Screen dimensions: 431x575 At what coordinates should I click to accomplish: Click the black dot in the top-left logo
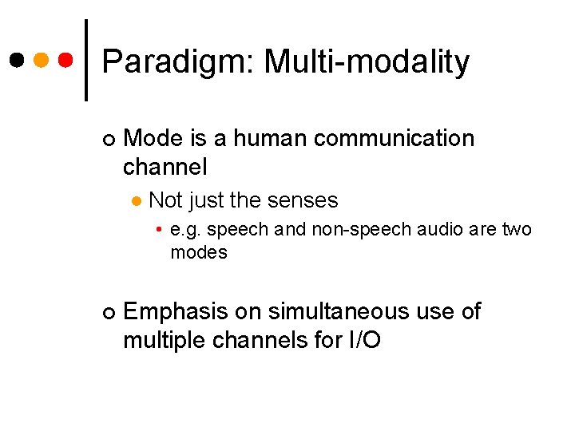(x=16, y=61)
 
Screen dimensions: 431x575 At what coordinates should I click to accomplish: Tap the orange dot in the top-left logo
(x=42, y=61)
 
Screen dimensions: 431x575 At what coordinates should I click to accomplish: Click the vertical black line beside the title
(x=86, y=61)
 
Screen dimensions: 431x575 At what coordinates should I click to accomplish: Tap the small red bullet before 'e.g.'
(x=160, y=230)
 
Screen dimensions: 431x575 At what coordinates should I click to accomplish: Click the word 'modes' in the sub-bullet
(x=199, y=253)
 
